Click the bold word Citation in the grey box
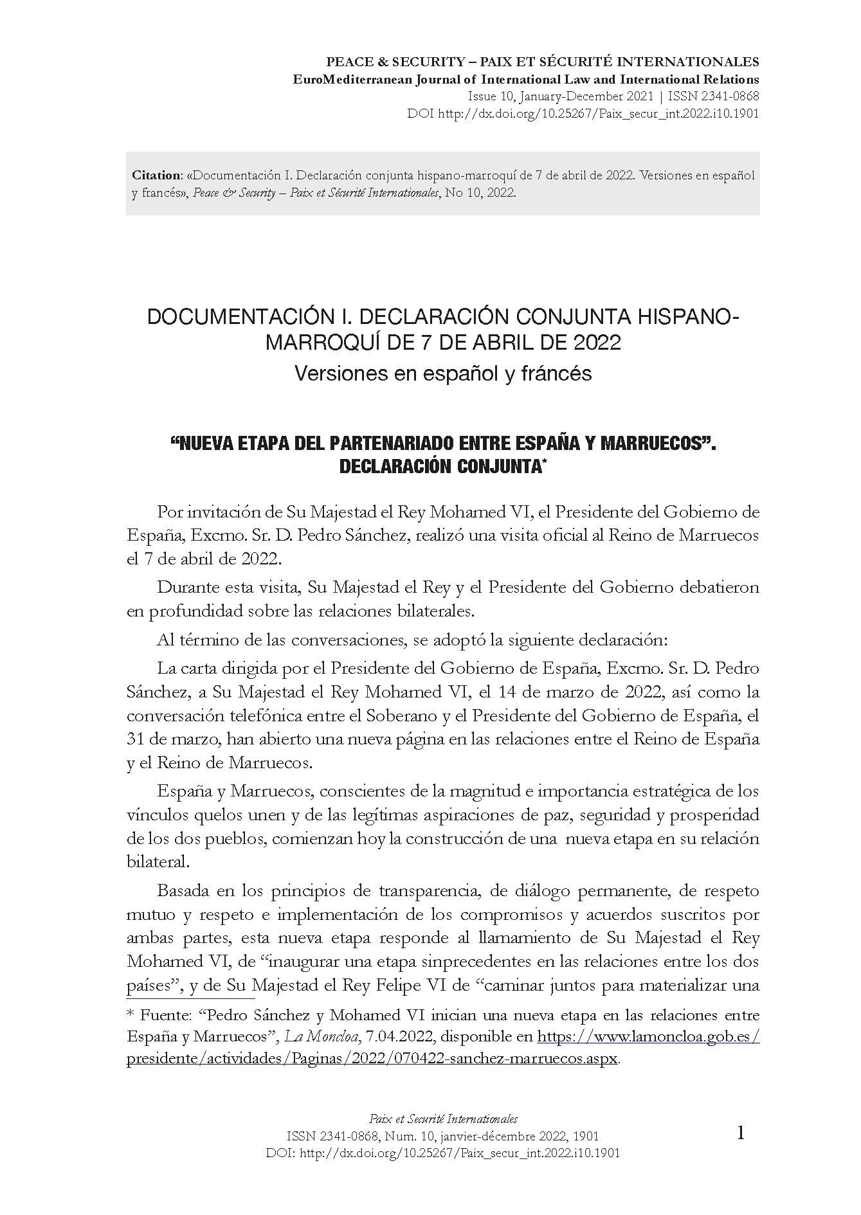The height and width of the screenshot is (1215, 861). point(156,175)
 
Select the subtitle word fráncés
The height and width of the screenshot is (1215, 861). point(557,373)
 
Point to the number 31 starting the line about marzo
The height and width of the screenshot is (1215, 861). point(136,739)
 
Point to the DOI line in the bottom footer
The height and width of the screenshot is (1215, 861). point(443,1153)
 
